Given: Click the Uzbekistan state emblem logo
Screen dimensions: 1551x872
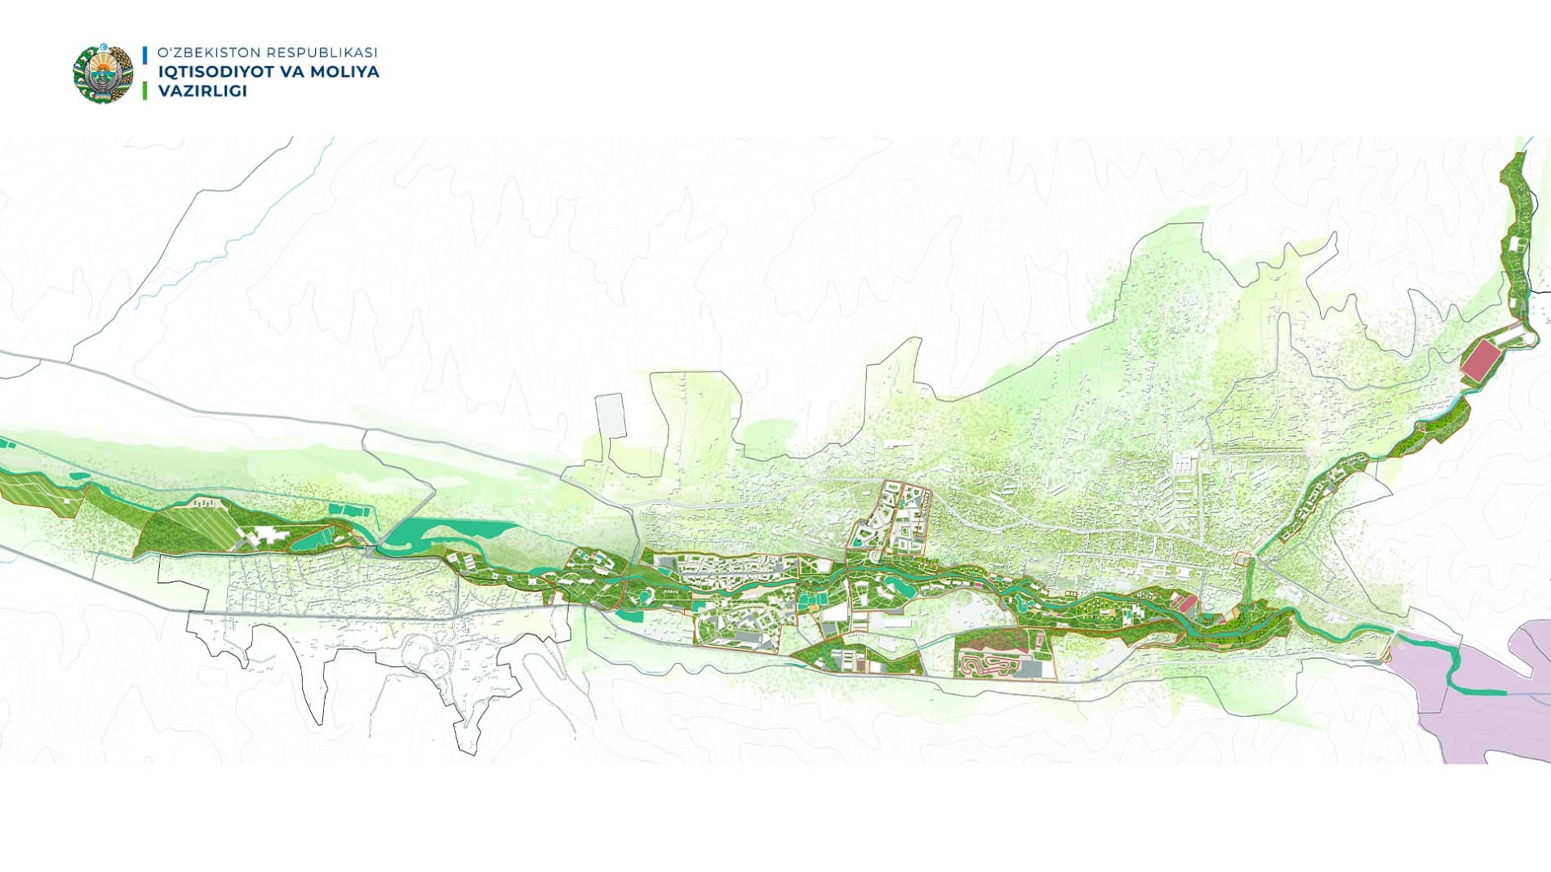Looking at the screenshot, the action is [x=103, y=73].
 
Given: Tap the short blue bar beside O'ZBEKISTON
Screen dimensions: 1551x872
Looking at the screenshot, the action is [x=144, y=54].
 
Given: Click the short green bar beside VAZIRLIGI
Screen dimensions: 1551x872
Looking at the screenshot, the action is [x=144, y=91].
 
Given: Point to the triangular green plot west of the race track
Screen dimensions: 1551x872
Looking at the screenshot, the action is [x=857, y=657].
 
